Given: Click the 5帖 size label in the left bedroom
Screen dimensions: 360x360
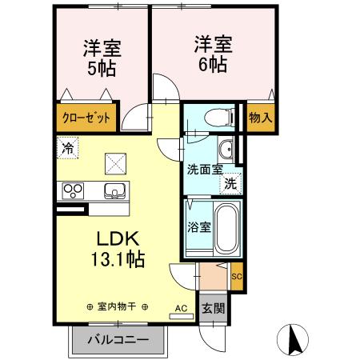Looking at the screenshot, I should point(102,68).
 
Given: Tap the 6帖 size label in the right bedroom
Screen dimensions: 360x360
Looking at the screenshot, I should point(212,62).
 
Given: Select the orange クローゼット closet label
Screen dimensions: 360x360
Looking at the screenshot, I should point(87,118).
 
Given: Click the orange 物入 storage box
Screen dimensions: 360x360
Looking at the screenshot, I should point(260,118).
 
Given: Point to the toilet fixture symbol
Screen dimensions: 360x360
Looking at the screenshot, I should point(215,117).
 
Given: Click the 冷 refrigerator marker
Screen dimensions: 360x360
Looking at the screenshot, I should point(69,147).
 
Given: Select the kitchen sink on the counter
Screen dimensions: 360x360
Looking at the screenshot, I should point(114,190).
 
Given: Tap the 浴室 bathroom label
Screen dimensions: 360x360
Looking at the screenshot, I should point(198,226).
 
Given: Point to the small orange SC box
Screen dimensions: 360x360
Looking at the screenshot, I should point(236,277).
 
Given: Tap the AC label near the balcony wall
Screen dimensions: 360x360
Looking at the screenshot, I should point(181,307).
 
